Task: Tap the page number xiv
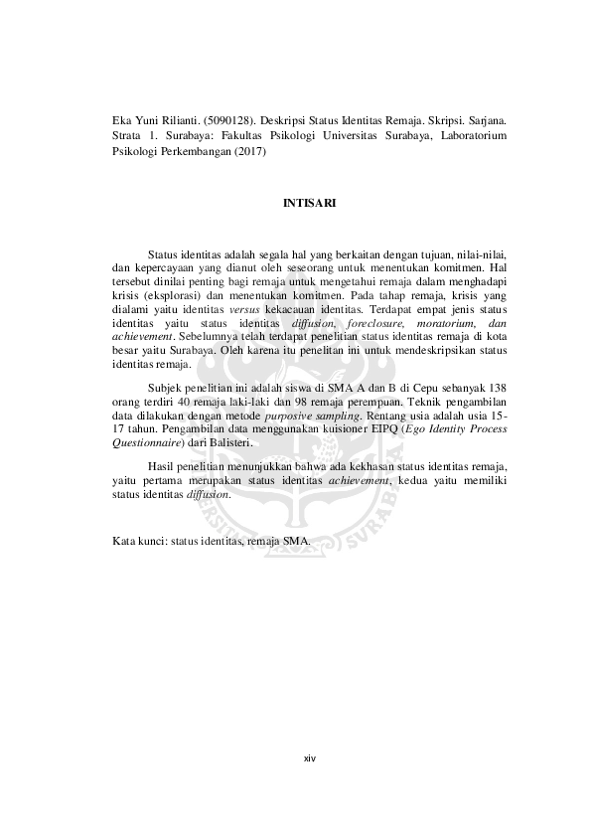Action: (x=309, y=757)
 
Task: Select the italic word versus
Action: (x=243, y=309)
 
